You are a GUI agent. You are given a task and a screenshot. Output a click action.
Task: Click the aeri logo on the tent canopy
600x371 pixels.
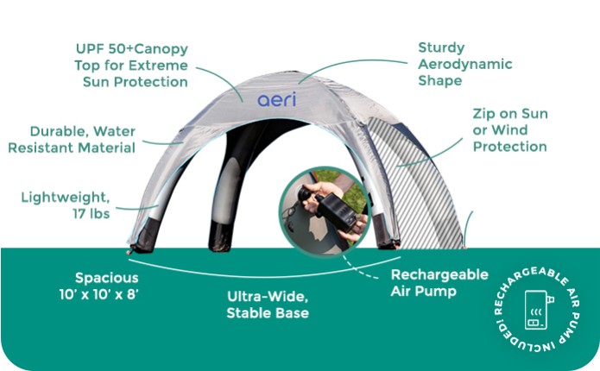pos(276,99)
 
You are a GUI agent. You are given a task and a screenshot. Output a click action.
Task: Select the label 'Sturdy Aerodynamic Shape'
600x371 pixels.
pos(464,64)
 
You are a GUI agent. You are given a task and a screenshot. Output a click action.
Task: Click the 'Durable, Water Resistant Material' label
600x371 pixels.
pos(72,139)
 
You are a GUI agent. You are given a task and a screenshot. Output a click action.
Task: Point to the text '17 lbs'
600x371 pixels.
pos(89,213)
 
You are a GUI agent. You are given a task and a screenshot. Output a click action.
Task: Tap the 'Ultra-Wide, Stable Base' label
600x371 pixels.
pos(268,304)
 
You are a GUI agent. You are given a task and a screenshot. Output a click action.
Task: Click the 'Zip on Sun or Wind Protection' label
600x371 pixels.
pos(509,130)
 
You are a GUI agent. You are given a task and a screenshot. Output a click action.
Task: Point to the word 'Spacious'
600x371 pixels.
pos(106,279)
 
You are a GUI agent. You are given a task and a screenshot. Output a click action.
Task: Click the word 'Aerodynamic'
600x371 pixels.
pos(464,64)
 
